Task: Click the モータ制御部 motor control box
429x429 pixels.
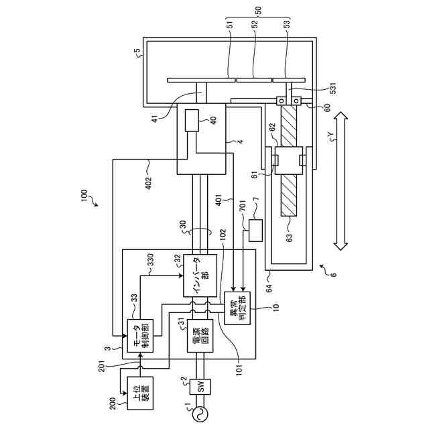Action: pyautogui.click(x=141, y=335)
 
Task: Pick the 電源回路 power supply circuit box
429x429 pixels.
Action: pyautogui.click(x=200, y=335)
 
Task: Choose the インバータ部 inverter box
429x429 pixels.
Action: pyautogui.click(x=200, y=275)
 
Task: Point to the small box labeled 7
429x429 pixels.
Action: pyautogui.click(x=255, y=230)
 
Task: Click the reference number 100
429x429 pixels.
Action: pyautogui.click(x=84, y=196)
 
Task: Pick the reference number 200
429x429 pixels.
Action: pyautogui.click(x=113, y=405)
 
